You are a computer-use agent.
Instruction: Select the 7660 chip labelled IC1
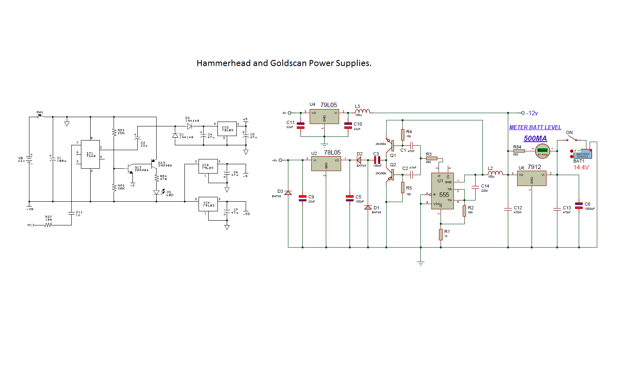[90, 154]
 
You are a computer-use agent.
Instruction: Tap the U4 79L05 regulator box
[324, 116]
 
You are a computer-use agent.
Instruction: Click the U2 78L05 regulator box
[326, 164]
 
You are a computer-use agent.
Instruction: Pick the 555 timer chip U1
[443, 191]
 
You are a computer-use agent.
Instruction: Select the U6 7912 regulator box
[532, 178]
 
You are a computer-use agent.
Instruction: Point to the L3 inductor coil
[362, 112]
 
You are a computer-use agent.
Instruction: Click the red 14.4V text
[581, 167]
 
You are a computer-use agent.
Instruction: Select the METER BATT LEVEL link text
[535, 127]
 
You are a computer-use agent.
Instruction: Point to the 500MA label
[535, 138]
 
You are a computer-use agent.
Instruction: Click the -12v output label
[532, 113]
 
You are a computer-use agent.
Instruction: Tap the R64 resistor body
[519, 151]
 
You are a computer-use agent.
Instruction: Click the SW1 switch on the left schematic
[41, 116]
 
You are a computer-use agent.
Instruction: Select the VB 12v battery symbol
[29, 159]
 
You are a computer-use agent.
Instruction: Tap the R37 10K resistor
[48, 225]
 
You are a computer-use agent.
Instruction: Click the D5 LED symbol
[157, 192]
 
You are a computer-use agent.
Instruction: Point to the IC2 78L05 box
[227, 129]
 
